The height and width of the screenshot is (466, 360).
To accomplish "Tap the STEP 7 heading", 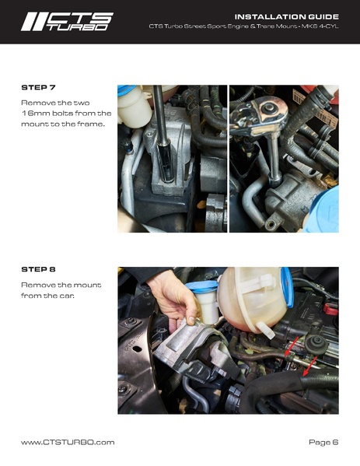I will point(37,87).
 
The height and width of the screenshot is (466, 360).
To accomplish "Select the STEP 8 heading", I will point(37,269).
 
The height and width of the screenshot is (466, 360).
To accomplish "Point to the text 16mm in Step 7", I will point(34,114).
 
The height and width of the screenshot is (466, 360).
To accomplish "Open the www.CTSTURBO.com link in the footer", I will point(68,442).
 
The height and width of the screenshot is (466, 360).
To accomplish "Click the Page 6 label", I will point(323,442).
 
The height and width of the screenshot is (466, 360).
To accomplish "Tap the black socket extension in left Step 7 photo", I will point(162,132).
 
